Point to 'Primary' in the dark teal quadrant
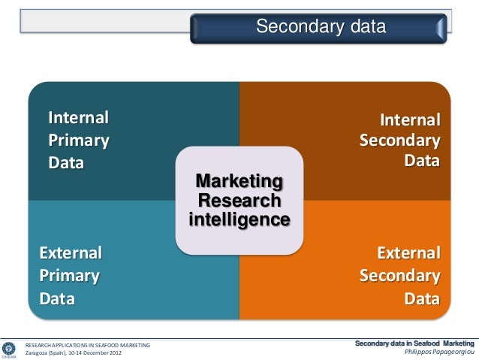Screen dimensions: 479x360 [x=78, y=140]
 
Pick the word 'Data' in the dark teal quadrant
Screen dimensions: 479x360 [x=66, y=162]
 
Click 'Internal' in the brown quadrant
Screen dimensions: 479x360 [x=409, y=120]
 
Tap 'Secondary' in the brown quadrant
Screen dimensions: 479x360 [x=399, y=141]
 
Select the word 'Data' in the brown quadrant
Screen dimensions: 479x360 [x=422, y=161]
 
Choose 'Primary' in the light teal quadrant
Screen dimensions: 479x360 [x=69, y=275]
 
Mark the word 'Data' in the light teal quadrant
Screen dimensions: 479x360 [x=57, y=299]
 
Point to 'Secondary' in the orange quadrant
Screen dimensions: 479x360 [x=399, y=275]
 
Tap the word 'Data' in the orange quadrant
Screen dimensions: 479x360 [x=422, y=299]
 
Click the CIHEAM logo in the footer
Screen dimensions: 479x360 [x=10, y=349]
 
